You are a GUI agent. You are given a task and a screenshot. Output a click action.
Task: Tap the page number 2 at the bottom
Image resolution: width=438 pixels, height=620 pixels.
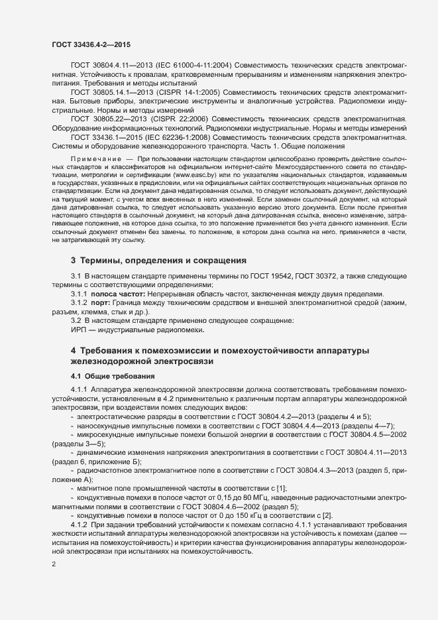point(54,564)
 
